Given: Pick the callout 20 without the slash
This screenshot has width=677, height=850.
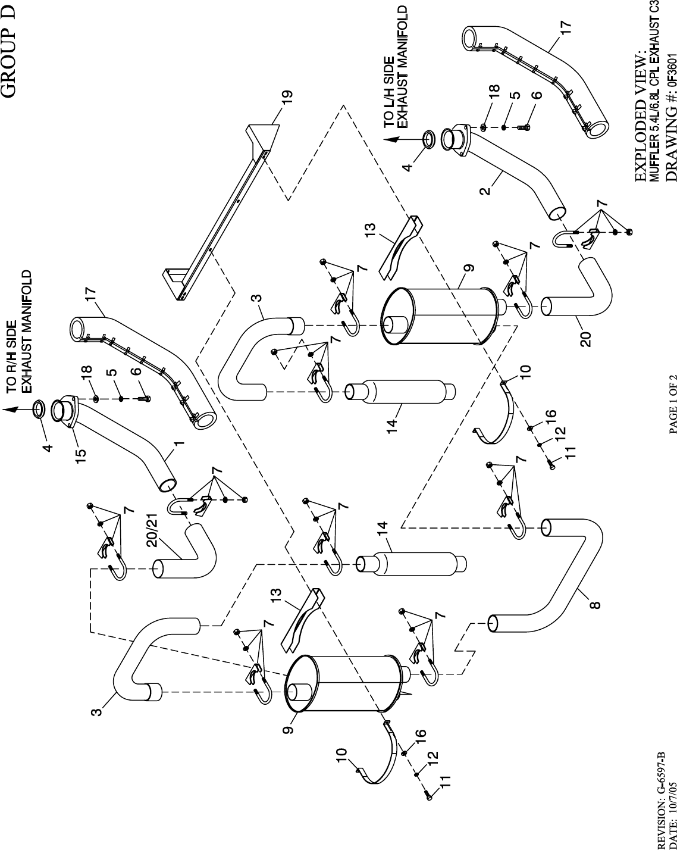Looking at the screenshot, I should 587,340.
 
